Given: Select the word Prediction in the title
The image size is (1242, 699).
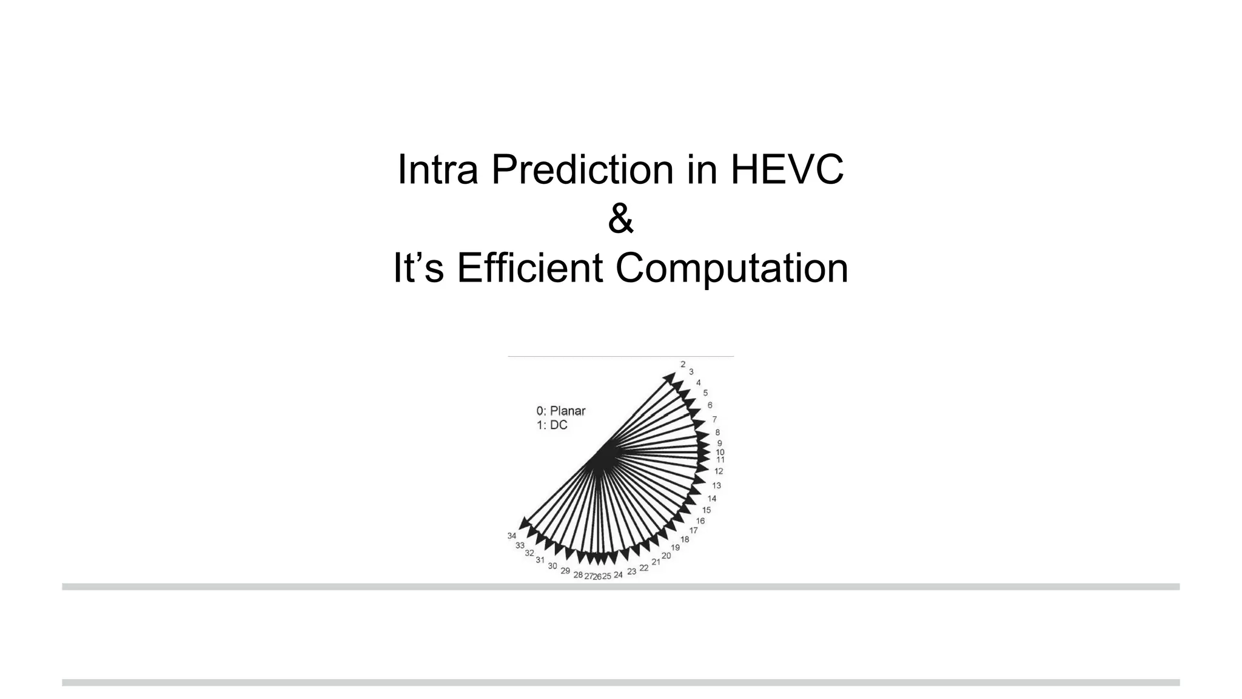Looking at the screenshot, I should pos(582,170).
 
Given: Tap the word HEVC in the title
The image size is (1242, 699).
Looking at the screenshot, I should pos(787,170).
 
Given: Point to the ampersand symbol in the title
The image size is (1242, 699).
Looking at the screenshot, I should pos(620,219).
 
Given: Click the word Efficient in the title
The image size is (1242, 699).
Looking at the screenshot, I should pos(529,268).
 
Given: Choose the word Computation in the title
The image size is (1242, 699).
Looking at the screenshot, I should pos(731,268).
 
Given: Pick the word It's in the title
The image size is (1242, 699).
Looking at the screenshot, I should pos(418,268).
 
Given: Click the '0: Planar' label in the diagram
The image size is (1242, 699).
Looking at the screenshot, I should pos(561,411).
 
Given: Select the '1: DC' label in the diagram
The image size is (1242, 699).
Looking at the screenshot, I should pos(552,425).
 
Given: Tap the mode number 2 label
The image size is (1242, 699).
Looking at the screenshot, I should pos(683,364).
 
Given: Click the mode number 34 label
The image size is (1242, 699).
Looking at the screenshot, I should pos(512,536).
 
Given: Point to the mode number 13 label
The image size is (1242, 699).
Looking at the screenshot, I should pos(716,485).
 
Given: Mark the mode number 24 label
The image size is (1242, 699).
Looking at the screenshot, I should pos(618,575).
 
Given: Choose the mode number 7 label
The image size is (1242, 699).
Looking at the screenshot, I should pos(714,419).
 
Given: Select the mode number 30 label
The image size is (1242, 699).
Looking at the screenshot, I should pos(552,566).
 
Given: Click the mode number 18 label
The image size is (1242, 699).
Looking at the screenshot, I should pos(685,539).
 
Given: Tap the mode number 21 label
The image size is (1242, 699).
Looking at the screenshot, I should pos(656,562).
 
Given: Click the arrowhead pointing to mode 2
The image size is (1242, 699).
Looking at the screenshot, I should pos(670,377).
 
